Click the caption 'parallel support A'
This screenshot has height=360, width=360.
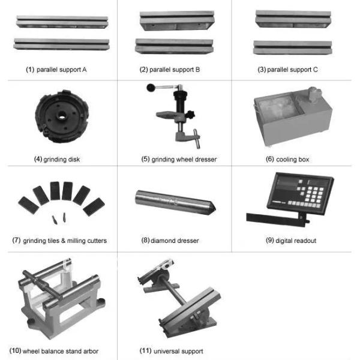point(62,70)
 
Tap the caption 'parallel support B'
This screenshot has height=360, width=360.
point(175,70)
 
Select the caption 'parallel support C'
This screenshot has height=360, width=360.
point(292,70)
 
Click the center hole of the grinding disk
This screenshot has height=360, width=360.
point(61,116)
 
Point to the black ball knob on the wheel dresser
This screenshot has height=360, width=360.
point(151,88)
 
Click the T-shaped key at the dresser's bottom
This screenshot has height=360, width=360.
point(197,139)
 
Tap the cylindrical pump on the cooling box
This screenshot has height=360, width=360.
point(314,95)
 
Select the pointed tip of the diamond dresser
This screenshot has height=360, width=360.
point(215,208)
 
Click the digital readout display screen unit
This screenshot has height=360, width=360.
point(301,193)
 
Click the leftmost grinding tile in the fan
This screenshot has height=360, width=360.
point(28,205)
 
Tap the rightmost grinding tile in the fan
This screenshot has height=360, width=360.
point(94,206)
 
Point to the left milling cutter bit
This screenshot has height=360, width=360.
point(55,220)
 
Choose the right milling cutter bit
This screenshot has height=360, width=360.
point(64,217)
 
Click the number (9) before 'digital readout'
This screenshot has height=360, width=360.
point(269,241)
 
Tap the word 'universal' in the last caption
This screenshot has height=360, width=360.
point(166,351)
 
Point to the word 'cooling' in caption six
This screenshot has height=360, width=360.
point(284,160)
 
